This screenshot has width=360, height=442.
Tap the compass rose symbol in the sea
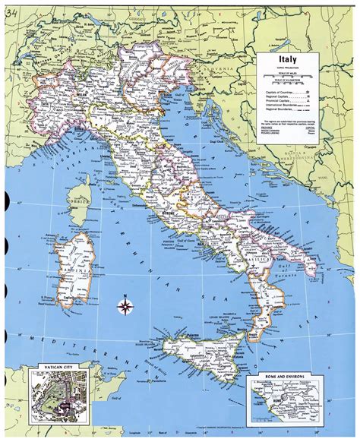[125, 307]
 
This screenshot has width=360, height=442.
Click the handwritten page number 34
[11, 8]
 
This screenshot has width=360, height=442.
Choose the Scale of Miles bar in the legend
[289, 76]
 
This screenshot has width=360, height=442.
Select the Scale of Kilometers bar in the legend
[289, 84]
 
